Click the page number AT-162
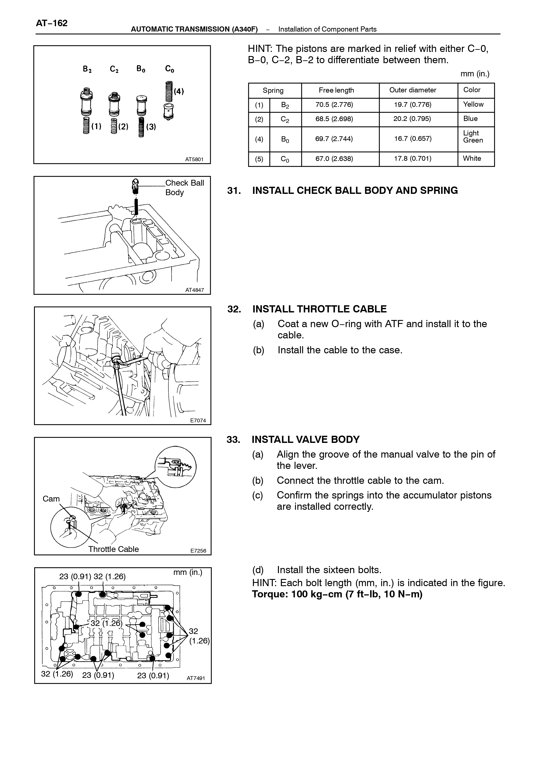[x=52, y=23]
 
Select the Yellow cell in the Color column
[x=473, y=105]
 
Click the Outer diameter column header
[x=413, y=90]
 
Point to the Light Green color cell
[x=473, y=137]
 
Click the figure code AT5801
[x=194, y=159]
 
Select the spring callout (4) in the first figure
[x=179, y=91]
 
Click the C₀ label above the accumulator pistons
[x=170, y=69]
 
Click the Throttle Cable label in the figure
[x=113, y=549]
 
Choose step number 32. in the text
[x=234, y=309]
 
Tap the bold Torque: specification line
[x=337, y=594]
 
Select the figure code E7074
[x=198, y=420]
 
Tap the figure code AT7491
[x=196, y=678]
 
